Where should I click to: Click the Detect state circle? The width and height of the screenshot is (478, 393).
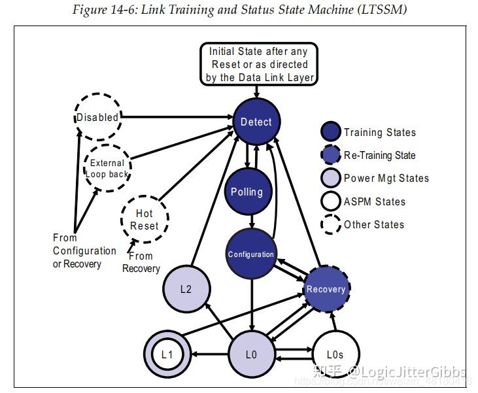(256, 122)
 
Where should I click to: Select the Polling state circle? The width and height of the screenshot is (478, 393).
(247, 192)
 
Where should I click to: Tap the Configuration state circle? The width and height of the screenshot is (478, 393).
(250, 254)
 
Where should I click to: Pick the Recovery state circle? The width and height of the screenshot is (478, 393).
(326, 288)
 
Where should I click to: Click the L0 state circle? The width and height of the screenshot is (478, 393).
(251, 354)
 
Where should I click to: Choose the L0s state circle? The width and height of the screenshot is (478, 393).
(335, 354)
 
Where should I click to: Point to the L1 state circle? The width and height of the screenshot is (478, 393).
(167, 354)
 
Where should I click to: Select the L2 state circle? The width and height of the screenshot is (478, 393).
(186, 288)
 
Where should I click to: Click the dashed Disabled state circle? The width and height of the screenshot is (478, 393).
(97, 118)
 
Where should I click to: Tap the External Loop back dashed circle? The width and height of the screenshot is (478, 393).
(108, 169)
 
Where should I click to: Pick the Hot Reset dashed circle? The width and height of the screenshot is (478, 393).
(145, 220)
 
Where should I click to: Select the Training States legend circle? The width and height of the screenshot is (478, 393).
(331, 132)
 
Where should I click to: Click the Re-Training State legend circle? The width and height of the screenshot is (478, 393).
(331, 155)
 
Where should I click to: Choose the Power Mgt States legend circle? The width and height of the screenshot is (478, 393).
(331, 179)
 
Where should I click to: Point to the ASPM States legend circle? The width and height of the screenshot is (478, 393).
(331, 201)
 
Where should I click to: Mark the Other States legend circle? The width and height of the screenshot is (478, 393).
(331, 224)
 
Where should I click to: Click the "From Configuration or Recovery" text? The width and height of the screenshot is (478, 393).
(84, 251)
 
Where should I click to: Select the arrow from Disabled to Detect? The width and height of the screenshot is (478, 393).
(177, 118)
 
